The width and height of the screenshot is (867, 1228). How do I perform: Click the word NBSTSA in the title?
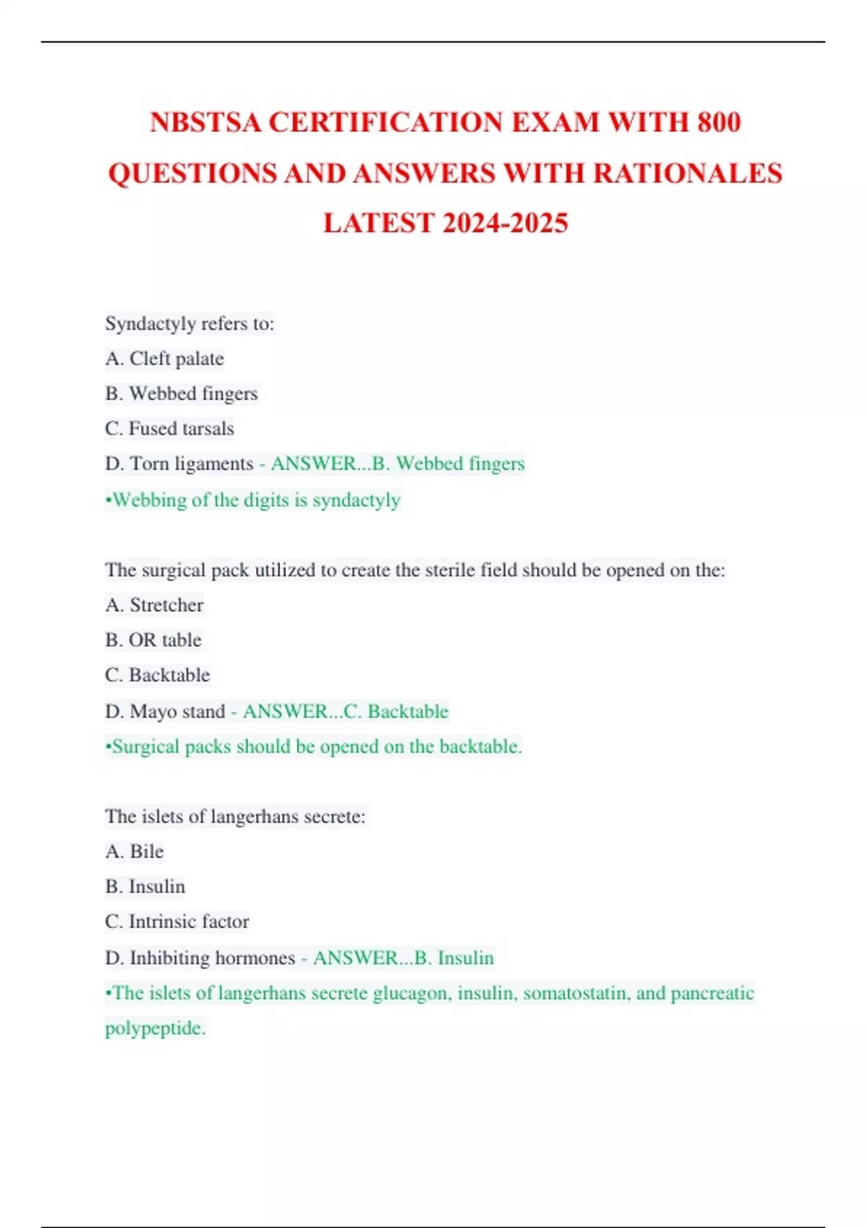[205, 122]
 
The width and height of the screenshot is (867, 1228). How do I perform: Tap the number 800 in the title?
[719, 122]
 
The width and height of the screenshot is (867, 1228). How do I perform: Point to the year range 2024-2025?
[505, 223]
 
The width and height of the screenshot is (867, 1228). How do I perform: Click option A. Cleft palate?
[165, 358]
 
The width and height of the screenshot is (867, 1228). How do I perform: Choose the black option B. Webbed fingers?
[181, 394]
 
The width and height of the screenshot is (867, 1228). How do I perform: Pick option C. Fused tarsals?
[170, 428]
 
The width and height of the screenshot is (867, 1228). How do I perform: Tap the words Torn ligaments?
[191, 464]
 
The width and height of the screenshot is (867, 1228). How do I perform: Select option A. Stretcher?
[155, 605]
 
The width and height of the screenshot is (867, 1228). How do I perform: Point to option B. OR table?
[153, 640]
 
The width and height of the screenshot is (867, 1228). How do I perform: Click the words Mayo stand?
[178, 712]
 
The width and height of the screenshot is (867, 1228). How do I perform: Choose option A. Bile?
[134, 852]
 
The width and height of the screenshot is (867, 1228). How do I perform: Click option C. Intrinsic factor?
[177, 922]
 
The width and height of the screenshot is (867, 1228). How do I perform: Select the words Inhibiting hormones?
[212, 958]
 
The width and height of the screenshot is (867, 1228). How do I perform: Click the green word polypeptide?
[155, 1028]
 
